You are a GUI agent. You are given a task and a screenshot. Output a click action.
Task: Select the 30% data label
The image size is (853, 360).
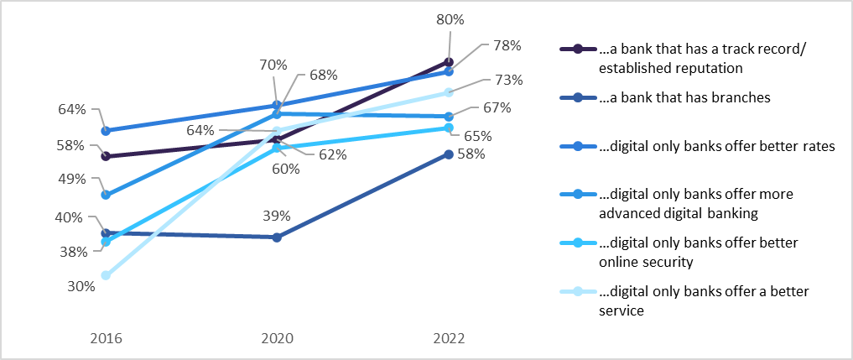[x=81, y=285]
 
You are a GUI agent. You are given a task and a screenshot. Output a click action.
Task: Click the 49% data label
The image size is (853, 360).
[x=72, y=179]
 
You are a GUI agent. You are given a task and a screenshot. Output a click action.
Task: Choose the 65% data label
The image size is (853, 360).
[x=500, y=135]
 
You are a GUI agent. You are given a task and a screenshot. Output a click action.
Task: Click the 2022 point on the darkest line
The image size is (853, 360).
[x=449, y=62]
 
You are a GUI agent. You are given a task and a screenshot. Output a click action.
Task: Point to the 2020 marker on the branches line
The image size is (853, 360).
[x=278, y=237]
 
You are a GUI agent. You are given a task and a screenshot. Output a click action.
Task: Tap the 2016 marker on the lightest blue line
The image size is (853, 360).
[x=106, y=275]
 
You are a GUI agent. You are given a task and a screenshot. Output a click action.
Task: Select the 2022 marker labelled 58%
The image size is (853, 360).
[x=449, y=154]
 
